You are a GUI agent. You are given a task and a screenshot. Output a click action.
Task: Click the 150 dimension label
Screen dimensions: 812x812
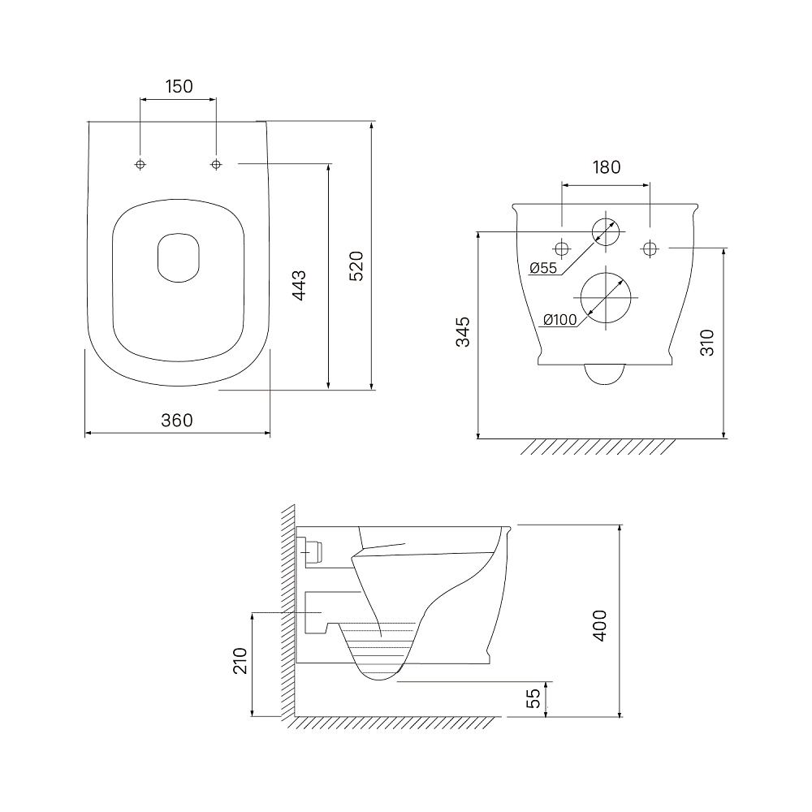tap(179, 86)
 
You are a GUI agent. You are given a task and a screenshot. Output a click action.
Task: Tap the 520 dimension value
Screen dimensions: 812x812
tap(356, 266)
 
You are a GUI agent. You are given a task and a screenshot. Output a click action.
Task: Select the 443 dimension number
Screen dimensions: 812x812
tap(300, 285)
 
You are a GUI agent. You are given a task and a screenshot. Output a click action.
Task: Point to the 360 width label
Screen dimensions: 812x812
tap(177, 420)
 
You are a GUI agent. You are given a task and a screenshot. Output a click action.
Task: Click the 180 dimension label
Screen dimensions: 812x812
tap(607, 167)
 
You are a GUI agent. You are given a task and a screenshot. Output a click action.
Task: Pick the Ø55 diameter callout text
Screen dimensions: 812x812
tap(543, 268)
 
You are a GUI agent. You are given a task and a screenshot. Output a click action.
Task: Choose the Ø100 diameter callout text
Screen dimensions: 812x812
tap(559, 320)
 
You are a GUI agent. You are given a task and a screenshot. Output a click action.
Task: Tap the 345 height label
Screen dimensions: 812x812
tap(463, 332)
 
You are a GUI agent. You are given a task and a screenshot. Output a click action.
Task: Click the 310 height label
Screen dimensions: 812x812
tap(707, 343)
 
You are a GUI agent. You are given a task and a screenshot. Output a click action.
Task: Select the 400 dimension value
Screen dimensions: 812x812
tap(599, 625)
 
